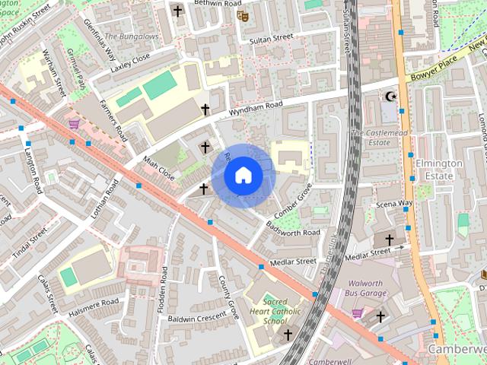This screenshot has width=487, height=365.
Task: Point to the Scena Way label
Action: [394, 204]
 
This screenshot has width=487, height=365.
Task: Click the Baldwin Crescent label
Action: [199, 318]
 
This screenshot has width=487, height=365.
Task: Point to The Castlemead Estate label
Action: [370, 138]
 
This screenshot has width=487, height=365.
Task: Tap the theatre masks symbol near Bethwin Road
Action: [242, 15]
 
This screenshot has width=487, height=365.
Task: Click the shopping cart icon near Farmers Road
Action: [74, 123]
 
